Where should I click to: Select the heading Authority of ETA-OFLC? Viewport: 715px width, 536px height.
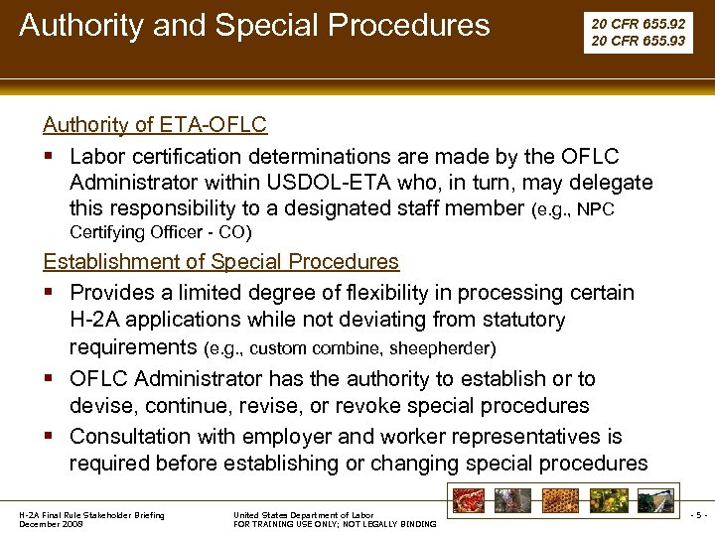click(154, 125)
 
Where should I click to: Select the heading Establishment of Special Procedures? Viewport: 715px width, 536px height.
click(220, 262)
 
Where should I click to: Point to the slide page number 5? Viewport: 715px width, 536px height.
click(698, 515)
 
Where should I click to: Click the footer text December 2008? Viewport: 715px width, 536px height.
click(52, 523)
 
